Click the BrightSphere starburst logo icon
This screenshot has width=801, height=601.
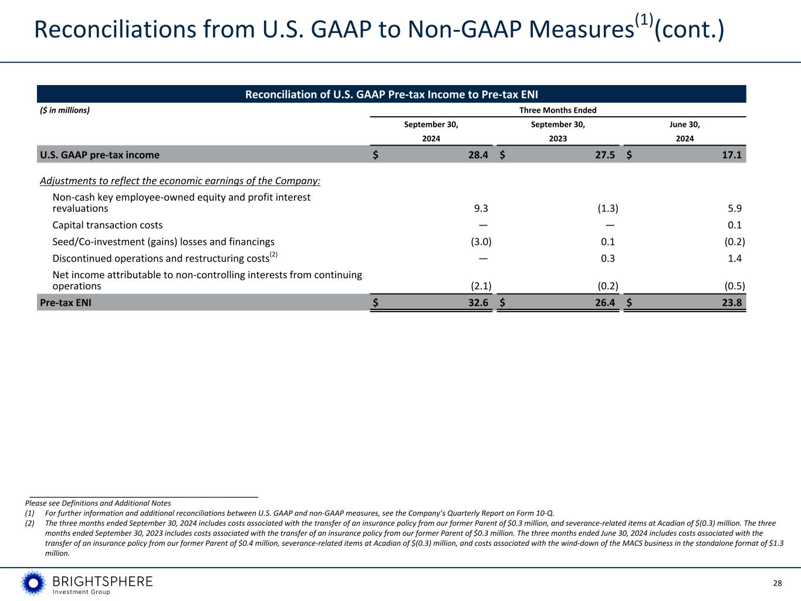[33, 583]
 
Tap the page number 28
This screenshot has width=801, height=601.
[778, 583]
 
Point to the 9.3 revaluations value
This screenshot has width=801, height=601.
[481, 208]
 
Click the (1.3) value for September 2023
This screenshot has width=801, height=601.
[607, 208]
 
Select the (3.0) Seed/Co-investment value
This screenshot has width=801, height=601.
[481, 242]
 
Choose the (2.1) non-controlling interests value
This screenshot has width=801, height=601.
[481, 286]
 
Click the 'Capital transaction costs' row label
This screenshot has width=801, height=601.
[107, 225]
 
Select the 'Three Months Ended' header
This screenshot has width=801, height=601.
[557, 110]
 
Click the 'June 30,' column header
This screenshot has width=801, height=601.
[684, 124]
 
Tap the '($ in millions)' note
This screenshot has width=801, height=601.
[65, 110]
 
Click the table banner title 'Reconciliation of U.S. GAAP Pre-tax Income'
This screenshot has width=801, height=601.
[391, 94]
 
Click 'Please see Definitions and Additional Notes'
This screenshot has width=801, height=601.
[98, 503]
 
